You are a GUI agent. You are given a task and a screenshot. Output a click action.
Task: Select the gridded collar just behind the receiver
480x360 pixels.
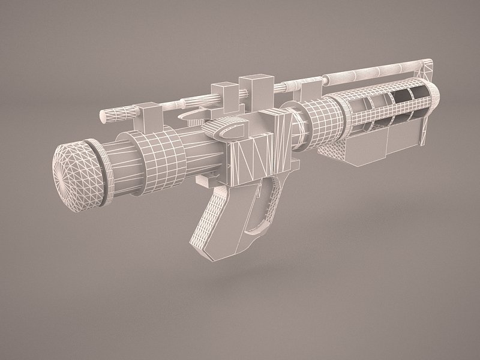point(318,123)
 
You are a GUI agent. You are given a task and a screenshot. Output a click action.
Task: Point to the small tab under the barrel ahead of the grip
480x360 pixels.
point(207,179)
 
